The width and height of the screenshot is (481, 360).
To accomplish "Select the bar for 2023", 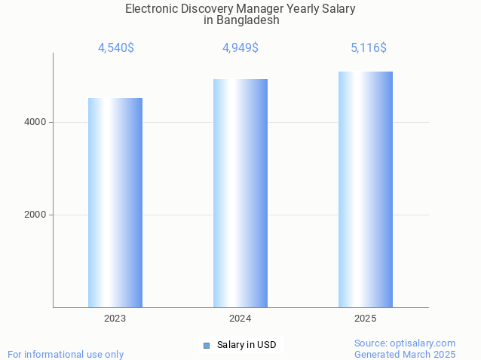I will tap(115, 203).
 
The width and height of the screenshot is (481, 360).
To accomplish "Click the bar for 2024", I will tap(240, 193).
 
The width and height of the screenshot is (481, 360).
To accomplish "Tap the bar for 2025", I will tap(366, 189).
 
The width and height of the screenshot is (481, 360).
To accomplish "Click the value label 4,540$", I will tap(116, 48).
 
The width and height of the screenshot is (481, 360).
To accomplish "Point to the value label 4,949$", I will tap(240, 48).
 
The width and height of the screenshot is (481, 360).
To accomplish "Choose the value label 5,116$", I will tap(369, 48).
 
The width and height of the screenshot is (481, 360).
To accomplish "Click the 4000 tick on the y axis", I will tap(35, 122).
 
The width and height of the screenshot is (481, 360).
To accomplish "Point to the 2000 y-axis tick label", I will tap(35, 215).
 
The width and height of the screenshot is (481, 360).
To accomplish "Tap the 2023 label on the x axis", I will tap(115, 319).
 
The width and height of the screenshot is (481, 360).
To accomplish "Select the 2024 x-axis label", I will tap(240, 319).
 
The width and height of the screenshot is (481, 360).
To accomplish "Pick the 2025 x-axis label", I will tap(366, 319).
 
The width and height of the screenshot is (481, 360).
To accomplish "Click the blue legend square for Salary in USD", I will tap(206, 345).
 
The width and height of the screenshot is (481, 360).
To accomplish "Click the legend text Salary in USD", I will tap(247, 345).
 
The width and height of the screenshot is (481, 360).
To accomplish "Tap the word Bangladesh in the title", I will tap(247, 20).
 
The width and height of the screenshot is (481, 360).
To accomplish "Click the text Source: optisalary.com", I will tap(405, 343).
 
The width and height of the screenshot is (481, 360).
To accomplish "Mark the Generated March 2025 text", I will tap(405, 354).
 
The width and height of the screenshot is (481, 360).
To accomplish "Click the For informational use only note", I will tap(66, 354).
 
